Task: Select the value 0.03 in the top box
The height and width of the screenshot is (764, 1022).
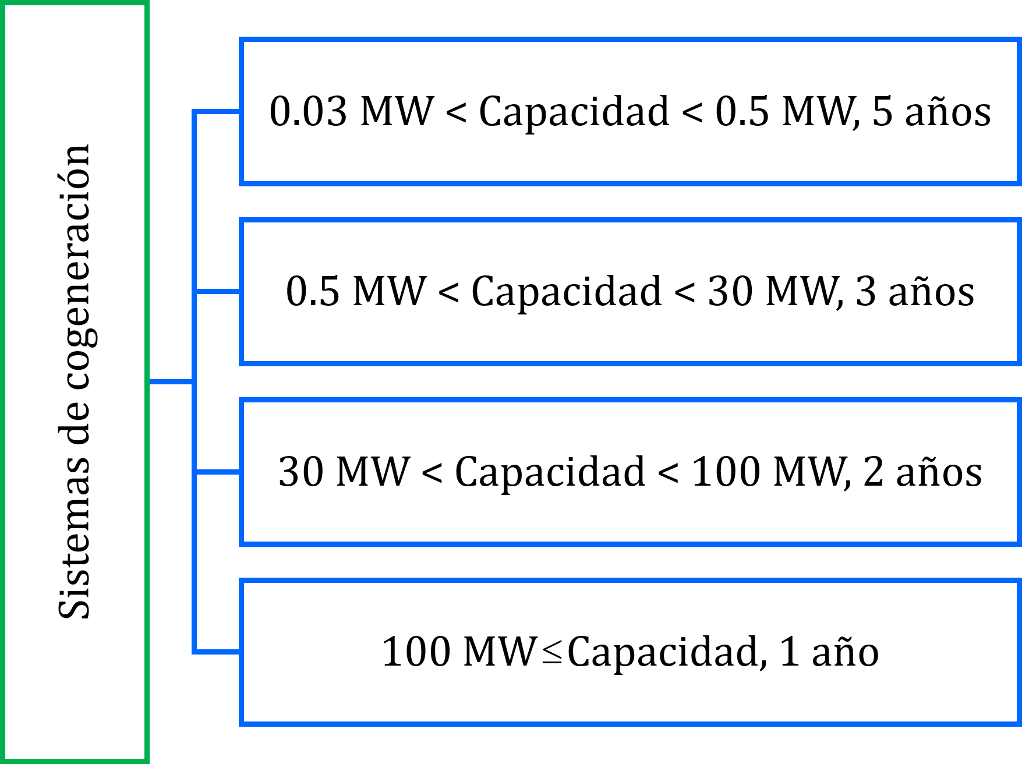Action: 308,111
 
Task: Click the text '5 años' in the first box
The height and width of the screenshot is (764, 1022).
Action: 931,111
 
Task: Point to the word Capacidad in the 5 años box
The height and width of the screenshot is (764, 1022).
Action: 574,111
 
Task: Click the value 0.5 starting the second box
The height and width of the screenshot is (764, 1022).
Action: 312,291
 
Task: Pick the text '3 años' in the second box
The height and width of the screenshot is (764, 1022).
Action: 915,291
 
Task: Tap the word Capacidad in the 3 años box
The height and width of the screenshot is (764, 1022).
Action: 566,291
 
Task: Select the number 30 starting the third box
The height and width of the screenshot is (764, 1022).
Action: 301,471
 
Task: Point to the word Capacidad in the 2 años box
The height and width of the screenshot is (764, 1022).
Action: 550,471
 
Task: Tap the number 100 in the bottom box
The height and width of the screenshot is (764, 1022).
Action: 416,651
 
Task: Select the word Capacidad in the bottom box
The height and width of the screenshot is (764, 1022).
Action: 663,651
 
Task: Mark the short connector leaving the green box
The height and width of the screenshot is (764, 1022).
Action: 171,381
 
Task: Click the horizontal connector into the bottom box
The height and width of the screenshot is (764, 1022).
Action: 217,651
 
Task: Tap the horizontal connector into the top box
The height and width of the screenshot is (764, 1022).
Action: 217,111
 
